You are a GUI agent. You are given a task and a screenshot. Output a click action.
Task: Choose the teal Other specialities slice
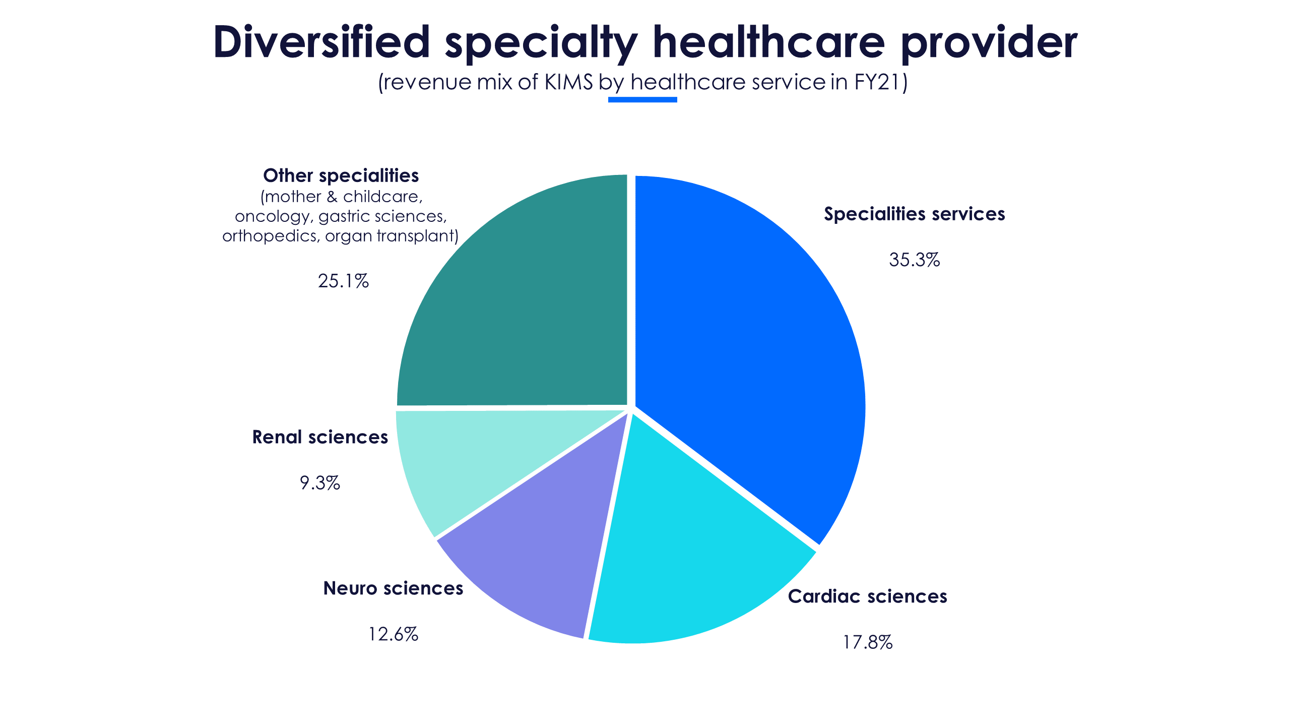point(519,302)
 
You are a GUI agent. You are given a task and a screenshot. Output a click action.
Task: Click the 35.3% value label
point(914,260)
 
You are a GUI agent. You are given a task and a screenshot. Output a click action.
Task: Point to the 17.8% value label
point(867,642)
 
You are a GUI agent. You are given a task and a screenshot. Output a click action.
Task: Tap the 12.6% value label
point(393,634)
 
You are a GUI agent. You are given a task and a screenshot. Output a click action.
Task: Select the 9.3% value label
point(320,483)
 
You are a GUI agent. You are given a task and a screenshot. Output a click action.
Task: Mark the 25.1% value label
point(343,281)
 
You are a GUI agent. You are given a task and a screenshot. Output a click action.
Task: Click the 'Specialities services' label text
point(914,214)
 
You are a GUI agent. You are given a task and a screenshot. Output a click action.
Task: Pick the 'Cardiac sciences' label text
point(867,596)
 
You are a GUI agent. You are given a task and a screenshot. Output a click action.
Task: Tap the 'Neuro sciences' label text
point(393,588)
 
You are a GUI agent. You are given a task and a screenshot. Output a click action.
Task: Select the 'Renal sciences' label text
point(320,437)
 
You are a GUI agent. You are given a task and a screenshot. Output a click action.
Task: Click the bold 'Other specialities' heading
point(341,175)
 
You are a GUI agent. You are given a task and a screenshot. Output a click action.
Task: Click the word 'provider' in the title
point(989,43)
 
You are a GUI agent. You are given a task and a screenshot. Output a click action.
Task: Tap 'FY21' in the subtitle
point(876,82)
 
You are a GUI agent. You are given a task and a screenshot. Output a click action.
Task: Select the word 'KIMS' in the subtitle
point(568,82)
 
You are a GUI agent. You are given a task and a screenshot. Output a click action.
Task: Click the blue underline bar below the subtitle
point(642,99)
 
